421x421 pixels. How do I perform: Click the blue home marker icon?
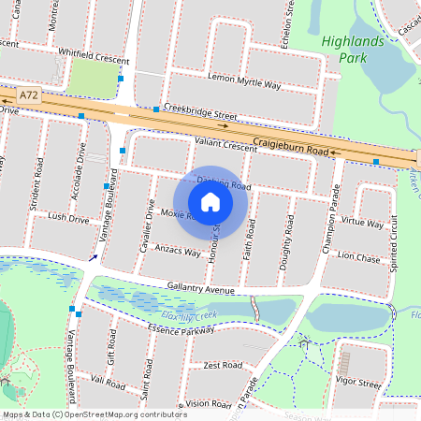(x=210, y=201)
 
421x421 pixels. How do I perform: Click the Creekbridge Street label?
(x=198, y=112)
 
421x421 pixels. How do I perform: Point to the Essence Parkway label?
(x=181, y=329)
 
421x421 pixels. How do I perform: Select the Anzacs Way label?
(x=178, y=252)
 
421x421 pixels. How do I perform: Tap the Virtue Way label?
(x=362, y=224)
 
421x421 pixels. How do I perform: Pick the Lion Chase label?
(x=359, y=256)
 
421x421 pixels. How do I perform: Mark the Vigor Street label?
(x=357, y=384)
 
